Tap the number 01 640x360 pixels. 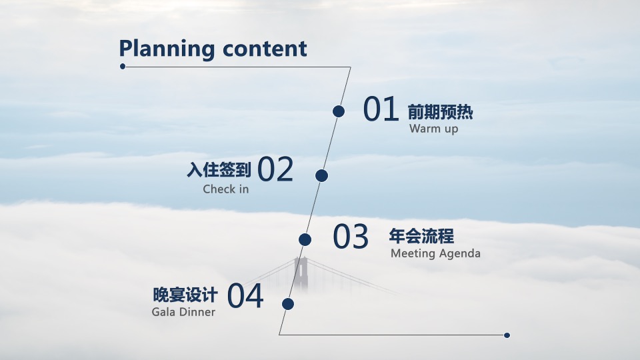[381, 110]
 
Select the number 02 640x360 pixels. [275, 170]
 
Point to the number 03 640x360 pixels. [351, 237]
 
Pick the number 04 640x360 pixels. [245, 297]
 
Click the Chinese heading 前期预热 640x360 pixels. [440, 112]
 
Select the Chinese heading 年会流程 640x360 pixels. [421, 236]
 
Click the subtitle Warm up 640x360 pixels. [433, 129]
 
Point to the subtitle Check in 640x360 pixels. [225, 189]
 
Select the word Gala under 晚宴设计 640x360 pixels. [164, 312]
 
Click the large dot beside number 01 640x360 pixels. [339, 111]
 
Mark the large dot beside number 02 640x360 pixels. [321, 175]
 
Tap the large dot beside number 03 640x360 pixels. [305, 239]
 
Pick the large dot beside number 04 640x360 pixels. [288, 304]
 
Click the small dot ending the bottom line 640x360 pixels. [507, 335]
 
